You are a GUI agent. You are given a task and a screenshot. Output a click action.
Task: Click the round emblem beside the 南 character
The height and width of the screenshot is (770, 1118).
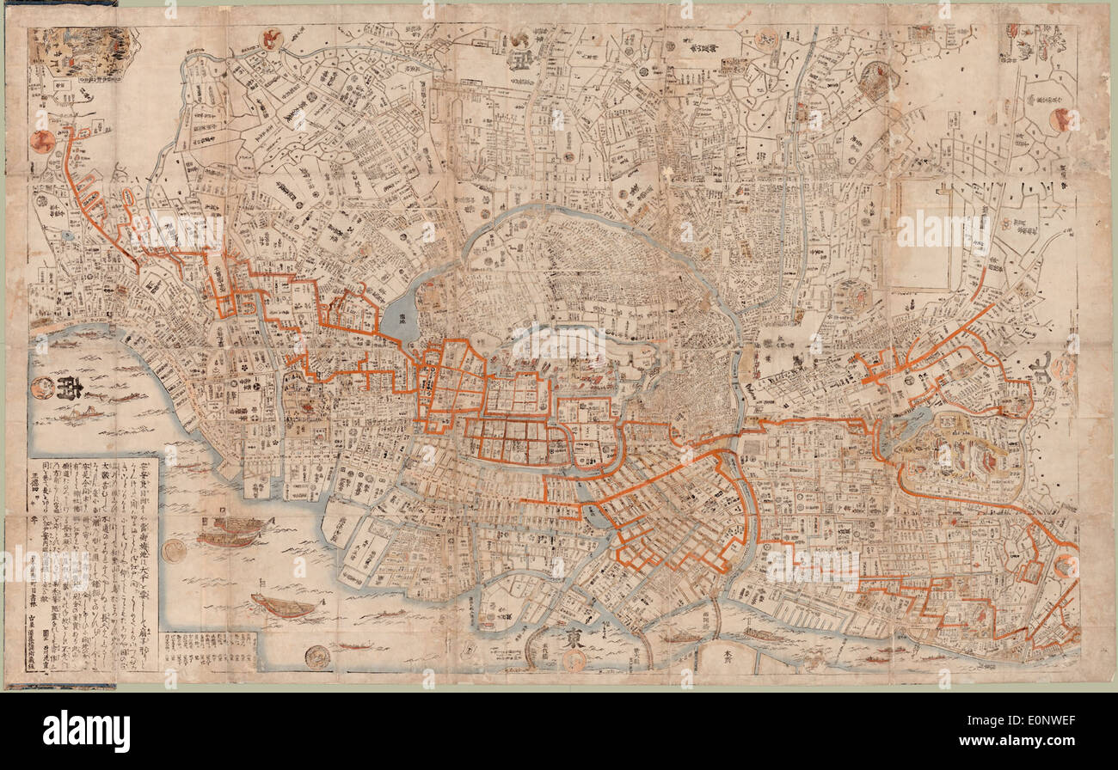pyautogui.click(x=41, y=388)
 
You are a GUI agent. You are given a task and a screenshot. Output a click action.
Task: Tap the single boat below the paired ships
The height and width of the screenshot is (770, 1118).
pyautogui.click(x=285, y=607)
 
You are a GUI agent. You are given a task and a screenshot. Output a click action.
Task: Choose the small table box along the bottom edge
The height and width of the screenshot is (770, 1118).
pyautogui.click(x=209, y=651)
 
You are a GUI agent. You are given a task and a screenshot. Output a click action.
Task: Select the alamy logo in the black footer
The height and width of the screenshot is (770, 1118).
pyautogui.click(x=86, y=731)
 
